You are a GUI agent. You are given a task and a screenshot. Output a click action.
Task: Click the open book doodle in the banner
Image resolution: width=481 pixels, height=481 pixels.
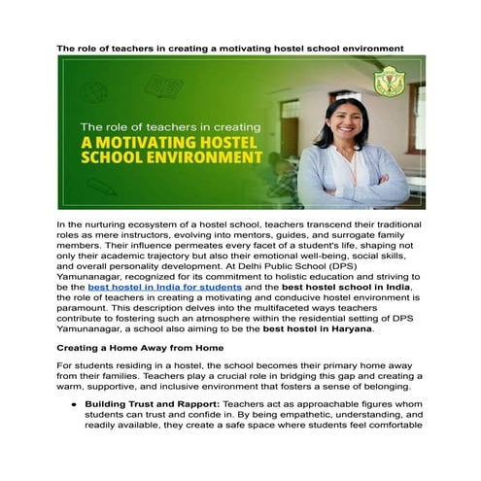pyautogui.click(x=163, y=87)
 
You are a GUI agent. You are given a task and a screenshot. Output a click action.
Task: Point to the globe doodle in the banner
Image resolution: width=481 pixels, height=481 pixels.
pyautogui.click(x=95, y=91)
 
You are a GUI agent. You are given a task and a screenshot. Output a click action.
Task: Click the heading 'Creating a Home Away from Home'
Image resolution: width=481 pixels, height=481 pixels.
pyautogui.click(x=141, y=347)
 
